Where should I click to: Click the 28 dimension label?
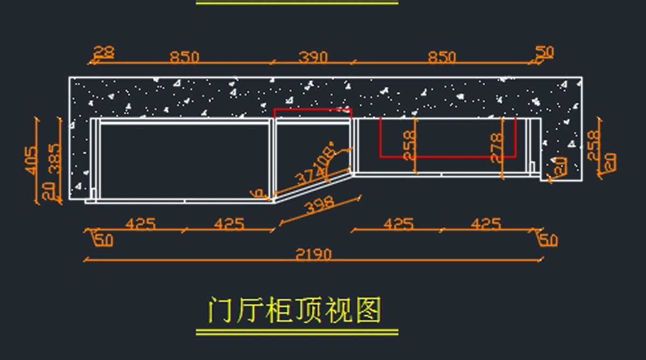(103, 52)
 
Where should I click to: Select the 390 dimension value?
(312, 57)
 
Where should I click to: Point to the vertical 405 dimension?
(31, 160)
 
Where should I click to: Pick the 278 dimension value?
(496, 147)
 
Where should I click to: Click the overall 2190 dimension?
(313, 253)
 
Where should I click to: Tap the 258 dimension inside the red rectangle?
(409, 145)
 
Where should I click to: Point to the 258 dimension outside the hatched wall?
(593, 145)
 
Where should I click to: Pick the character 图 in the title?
(369, 310)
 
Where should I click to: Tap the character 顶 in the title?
(309, 310)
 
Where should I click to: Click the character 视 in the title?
(339, 310)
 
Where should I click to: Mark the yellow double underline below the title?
(297, 332)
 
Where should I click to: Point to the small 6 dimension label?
(257, 193)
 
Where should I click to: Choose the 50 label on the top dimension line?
(544, 52)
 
